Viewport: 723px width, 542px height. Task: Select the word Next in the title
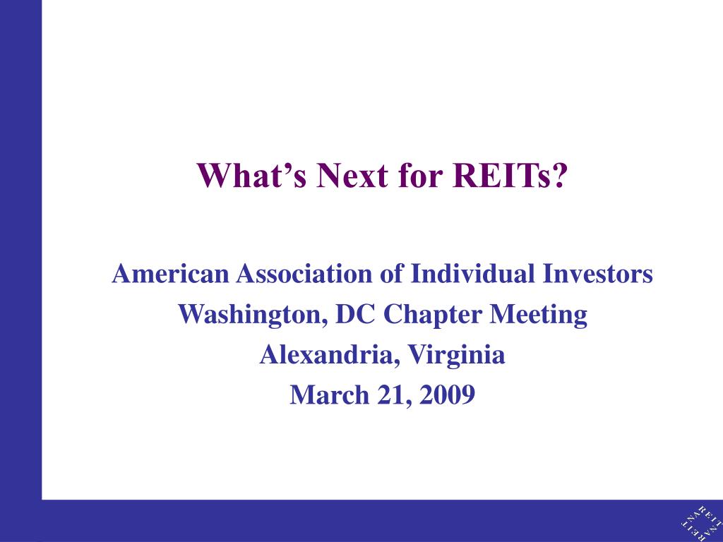pos(352,175)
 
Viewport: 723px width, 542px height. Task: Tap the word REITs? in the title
pos(509,175)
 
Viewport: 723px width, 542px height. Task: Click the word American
pos(170,273)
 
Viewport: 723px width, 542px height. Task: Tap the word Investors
pos(597,273)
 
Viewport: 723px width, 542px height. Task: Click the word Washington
pos(253,315)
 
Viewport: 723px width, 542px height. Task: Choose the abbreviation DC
pos(355,314)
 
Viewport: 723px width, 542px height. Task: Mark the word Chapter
pos(432,315)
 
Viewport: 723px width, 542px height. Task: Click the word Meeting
pos(538,315)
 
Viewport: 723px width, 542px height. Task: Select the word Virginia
pos(457,356)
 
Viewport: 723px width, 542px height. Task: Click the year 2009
pos(447,395)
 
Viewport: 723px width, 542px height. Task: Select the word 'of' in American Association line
pos(391,273)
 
